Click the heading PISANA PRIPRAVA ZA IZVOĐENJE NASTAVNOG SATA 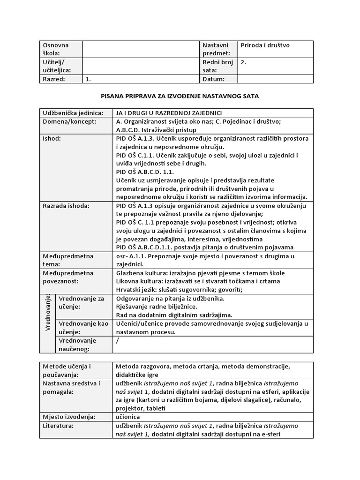click(x=180, y=96)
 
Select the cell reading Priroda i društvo click(x=265, y=45)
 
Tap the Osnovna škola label click(x=56, y=49)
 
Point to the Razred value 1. click(x=88, y=79)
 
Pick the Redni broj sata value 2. click(x=243, y=61)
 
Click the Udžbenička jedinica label click(x=71, y=113)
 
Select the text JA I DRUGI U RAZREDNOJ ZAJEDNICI click(x=168, y=113)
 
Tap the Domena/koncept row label click(x=69, y=121)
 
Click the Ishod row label click(x=52, y=139)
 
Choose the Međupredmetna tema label click(x=68, y=260)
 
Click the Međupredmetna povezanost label click(x=68, y=277)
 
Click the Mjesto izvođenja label click(x=69, y=417)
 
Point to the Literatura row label click(x=58, y=426)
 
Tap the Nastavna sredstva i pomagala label click(x=71, y=387)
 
